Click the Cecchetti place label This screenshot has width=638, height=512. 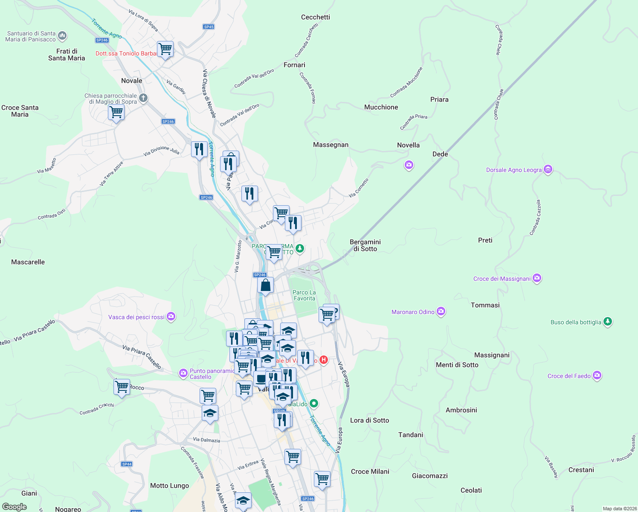coord(315,17)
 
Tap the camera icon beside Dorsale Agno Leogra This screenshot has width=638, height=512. coord(548,170)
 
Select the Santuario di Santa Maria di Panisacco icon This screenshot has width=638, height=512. coord(62,35)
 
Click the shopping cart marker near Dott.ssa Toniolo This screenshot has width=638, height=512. coord(165,49)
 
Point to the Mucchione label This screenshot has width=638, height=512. coord(381,107)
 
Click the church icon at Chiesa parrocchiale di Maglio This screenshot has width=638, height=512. coord(143,98)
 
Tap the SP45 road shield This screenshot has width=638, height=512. coord(209,26)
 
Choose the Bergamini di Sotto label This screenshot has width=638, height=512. coord(365,245)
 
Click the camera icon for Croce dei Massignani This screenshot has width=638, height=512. coord(537,278)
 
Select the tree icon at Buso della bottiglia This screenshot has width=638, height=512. coord(608,322)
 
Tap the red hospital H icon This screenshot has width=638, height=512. coord(324,360)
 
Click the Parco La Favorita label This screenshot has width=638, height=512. coord(304,295)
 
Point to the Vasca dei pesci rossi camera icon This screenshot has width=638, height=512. coord(171,317)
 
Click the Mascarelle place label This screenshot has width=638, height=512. coord(28,262)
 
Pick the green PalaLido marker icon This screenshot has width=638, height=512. coord(314,403)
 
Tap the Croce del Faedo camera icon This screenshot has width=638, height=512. coord(597,375)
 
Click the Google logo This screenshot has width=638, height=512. coord(14,506)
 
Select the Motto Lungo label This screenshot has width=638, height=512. coord(169,486)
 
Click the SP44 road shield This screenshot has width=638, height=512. coord(127,464)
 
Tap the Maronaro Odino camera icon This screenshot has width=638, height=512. coord(441,311)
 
